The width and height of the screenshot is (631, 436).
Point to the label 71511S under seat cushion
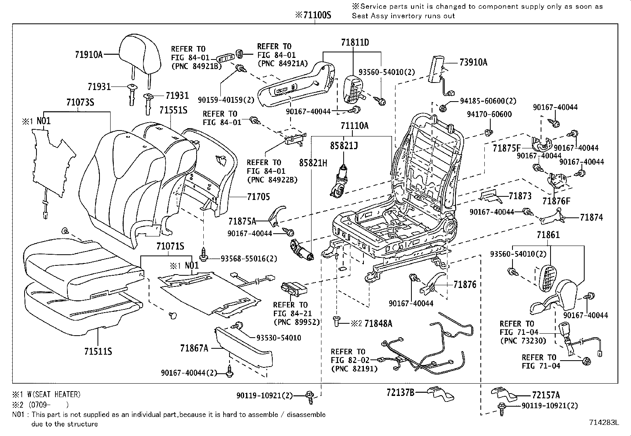click(x=98, y=351)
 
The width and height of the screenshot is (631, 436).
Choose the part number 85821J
click(x=344, y=146)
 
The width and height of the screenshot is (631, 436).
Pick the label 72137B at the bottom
click(x=400, y=392)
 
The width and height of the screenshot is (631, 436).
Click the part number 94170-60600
click(x=489, y=114)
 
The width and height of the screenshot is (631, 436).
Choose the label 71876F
click(x=556, y=201)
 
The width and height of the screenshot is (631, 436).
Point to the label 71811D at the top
click(x=355, y=42)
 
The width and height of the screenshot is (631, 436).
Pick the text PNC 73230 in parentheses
click(x=523, y=341)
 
